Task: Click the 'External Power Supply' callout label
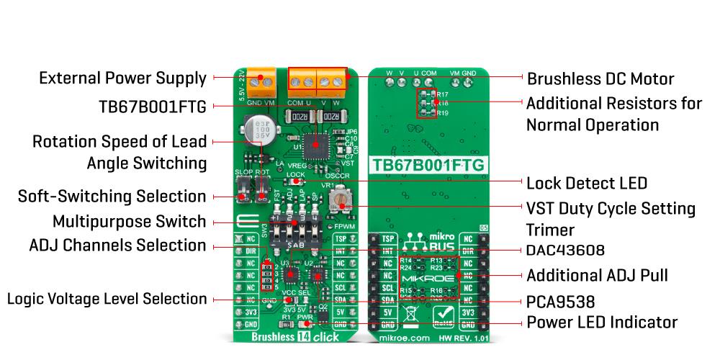tap(122, 78)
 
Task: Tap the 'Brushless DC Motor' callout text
tap(601, 78)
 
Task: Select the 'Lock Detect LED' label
tap(587, 183)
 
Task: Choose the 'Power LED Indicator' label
tap(602, 322)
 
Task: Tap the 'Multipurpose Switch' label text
tap(130, 221)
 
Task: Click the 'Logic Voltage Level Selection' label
tap(107, 298)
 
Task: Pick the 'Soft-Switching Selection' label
tap(112, 196)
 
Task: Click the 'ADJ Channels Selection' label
tap(118, 245)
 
